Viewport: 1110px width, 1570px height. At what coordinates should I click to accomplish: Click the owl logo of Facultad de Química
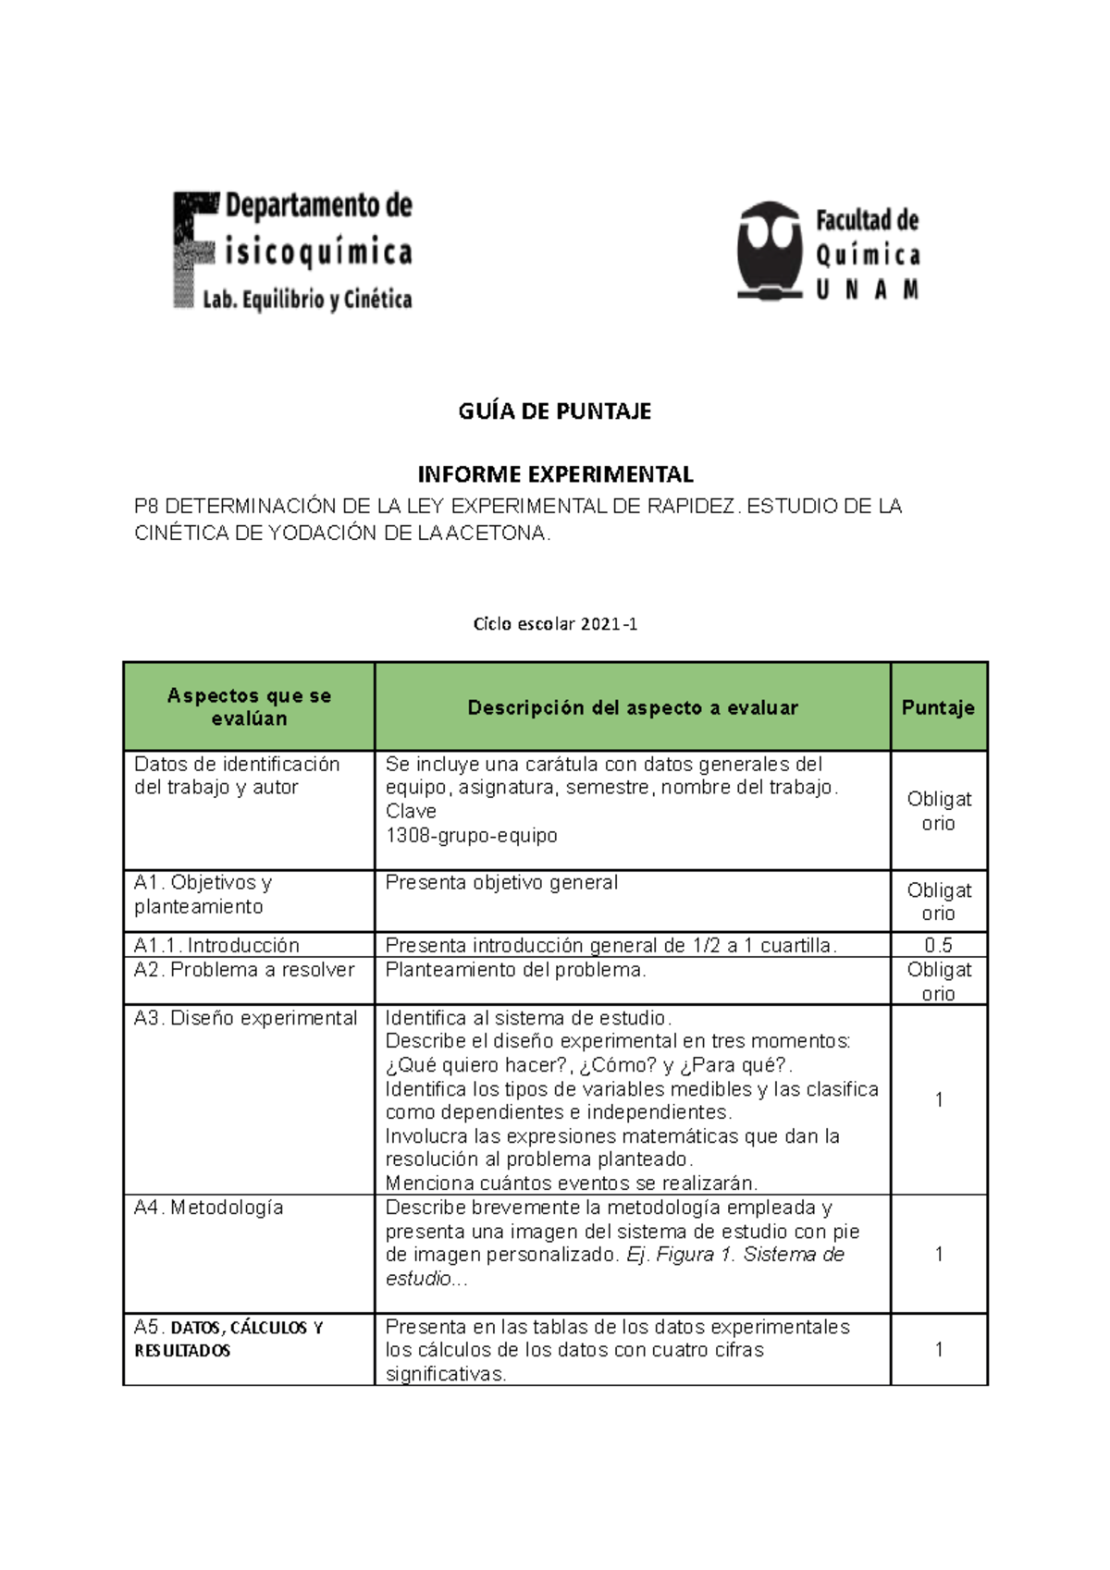tap(769, 250)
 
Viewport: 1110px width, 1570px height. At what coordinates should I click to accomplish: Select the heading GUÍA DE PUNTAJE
tap(555, 411)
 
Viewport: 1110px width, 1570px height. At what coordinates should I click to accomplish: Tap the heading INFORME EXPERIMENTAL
tap(555, 474)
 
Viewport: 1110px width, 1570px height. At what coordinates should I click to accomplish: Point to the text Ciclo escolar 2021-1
tap(555, 624)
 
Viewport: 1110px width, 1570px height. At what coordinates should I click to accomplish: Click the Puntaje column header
tap(938, 707)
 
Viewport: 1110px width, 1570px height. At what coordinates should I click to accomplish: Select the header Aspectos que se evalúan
tap(249, 707)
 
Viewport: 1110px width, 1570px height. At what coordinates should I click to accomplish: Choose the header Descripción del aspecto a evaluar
tap(633, 707)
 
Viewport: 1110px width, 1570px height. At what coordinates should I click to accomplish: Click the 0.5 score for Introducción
tap(938, 945)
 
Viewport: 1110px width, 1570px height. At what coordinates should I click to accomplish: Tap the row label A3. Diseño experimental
tap(245, 1018)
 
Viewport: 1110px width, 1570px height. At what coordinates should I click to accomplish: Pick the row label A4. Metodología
tap(209, 1208)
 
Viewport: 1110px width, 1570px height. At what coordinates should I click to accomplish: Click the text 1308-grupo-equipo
tap(472, 835)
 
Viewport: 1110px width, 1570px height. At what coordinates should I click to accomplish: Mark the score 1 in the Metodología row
tap(939, 1254)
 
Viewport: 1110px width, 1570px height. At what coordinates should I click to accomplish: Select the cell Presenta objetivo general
tap(501, 882)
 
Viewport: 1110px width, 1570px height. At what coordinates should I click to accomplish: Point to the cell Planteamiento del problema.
tap(515, 969)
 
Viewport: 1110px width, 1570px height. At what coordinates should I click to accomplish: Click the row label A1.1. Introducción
tap(216, 945)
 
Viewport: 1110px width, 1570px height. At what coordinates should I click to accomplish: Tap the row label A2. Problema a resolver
tap(244, 969)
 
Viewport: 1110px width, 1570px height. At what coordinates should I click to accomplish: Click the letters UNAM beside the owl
tap(867, 290)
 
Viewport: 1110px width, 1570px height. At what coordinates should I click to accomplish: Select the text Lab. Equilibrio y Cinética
tap(307, 300)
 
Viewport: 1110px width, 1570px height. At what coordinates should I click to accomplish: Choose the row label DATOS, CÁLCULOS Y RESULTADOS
tap(228, 1339)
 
